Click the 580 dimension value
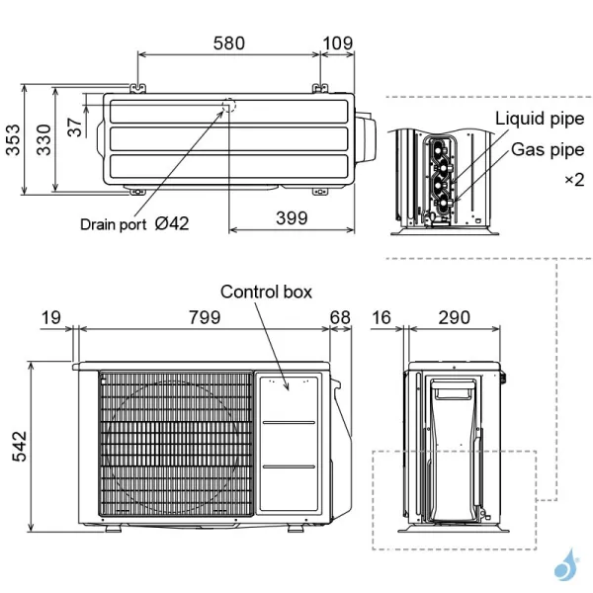point(229,43)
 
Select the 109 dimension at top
point(338,43)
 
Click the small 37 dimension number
point(75,126)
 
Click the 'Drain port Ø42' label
point(134,224)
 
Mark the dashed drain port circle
point(229,106)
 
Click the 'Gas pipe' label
point(548,150)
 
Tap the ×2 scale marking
point(573,180)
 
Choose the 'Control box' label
point(266,292)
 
